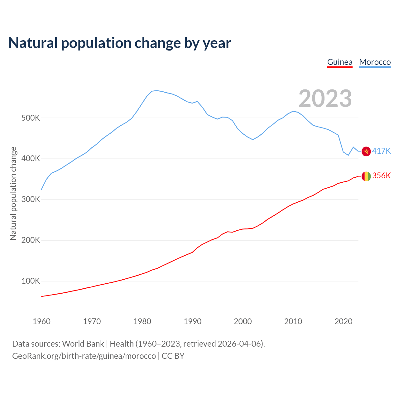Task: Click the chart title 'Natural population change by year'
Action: pos(120,43)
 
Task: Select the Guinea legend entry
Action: pos(340,62)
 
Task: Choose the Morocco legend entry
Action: pos(375,62)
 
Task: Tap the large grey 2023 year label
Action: pos(325,99)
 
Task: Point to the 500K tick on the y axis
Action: pos(31,118)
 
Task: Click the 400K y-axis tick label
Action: pos(31,159)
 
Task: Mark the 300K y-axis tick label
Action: pos(31,199)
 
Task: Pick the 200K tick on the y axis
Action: pos(31,240)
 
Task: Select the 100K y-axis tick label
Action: pos(31,281)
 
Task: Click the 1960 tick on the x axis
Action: pos(41,321)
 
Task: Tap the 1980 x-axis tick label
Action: pos(142,321)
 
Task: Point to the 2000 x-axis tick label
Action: pos(243,321)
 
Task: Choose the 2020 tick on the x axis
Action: pos(343,321)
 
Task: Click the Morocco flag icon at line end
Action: pos(366,151)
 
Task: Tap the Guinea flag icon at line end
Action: pos(366,176)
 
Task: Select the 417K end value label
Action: pos(381,151)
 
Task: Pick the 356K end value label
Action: pos(381,176)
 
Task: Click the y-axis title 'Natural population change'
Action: pos(13,193)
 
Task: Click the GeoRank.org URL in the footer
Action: pos(84,356)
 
